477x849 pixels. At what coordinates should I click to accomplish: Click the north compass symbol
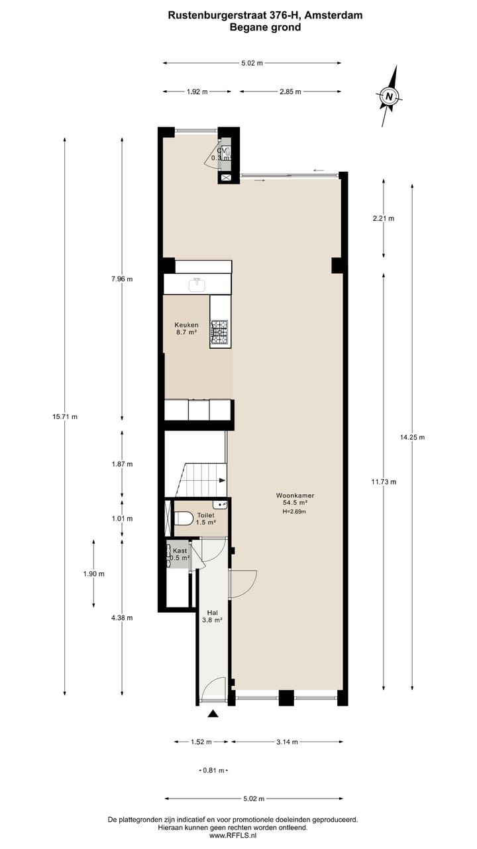click(x=390, y=97)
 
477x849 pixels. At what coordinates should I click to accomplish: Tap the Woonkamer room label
click(x=295, y=495)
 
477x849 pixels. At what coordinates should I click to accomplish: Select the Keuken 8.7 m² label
click(x=186, y=329)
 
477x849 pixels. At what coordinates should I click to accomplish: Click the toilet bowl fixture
click(x=184, y=517)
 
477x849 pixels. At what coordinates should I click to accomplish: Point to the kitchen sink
click(x=197, y=285)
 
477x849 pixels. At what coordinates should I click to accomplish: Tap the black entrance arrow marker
click(x=213, y=714)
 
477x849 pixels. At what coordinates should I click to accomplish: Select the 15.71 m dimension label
click(x=65, y=417)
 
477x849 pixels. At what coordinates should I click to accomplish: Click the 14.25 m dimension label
click(x=412, y=437)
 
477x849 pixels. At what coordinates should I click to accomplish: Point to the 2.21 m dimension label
click(x=384, y=218)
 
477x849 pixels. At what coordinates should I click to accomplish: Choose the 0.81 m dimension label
click(x=213, y=771)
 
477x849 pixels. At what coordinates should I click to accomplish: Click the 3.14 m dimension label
click(x=287, y=742)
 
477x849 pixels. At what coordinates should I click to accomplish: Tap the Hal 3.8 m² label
click(x=213, y=616)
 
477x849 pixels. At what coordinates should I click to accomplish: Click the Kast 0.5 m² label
click(x=180, y=554)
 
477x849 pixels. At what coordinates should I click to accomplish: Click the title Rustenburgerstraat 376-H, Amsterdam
click(x=265, y=15)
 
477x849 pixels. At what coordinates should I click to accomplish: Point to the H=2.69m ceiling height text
click(x=295, y=511)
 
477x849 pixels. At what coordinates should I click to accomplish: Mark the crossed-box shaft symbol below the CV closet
click(x=226, y=177)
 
